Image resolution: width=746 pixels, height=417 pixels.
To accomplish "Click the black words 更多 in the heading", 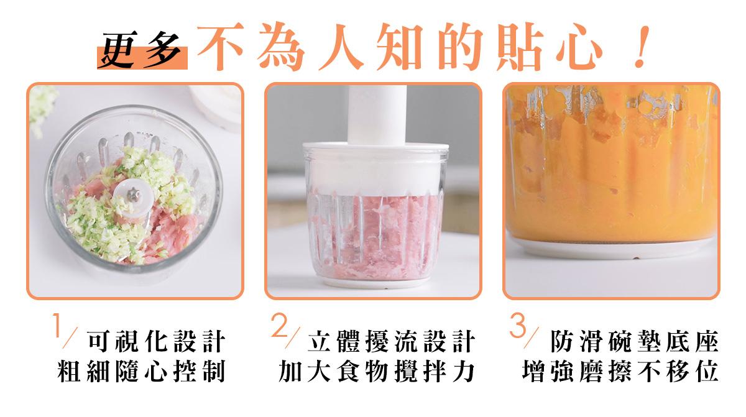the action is [x=142, y=50].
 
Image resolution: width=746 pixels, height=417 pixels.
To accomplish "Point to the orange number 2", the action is [x=279, y=325].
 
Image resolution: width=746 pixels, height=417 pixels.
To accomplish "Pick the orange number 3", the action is [x=517, y=325].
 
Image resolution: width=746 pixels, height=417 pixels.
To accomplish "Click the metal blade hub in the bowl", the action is [x=133, y=194].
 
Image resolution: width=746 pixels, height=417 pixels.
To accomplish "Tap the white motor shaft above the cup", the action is [x=377, y=115].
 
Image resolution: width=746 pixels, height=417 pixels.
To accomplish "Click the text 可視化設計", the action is [x=157, y=341].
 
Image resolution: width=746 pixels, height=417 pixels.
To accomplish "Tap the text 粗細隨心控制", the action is [x=142, y=371].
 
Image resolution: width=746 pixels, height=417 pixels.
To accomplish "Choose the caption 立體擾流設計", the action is [x=391, y=341].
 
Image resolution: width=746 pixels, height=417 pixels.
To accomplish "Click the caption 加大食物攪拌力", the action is [x=377, y=371].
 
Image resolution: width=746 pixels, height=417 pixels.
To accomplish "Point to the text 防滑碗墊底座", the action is [x=635, y=341].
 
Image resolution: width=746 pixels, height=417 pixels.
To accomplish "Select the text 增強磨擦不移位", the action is [x=620, y=371].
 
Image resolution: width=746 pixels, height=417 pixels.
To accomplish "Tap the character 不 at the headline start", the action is [x=221, y=47].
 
